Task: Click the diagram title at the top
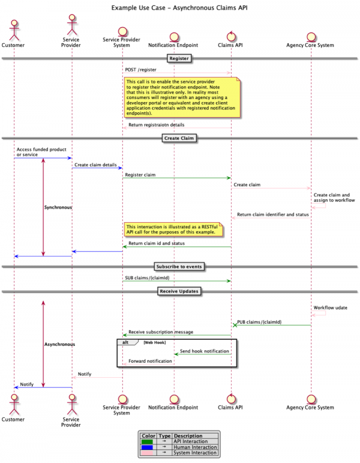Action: click(x=179, y=8)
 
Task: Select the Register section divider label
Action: click(x=179, y=59)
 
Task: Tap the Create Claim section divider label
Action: click(x=179, y=138)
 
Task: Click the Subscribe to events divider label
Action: click(x=179, y=266)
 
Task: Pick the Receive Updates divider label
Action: click(x=179, y=291)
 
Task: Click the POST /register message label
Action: click(x=141, y=70)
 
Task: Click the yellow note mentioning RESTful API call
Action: click(x=173, y=229)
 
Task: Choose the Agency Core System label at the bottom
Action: click(x=311, y=408)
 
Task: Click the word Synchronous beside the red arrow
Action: click(x=58, y=207)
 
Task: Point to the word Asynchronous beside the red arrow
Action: click(x=59, y=344)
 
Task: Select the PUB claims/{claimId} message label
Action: click(x=259, y=322)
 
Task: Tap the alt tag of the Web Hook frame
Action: click(x=126, y=342)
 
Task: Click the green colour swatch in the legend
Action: click(x=147, y=441)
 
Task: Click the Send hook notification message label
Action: click(x=205, y=351)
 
